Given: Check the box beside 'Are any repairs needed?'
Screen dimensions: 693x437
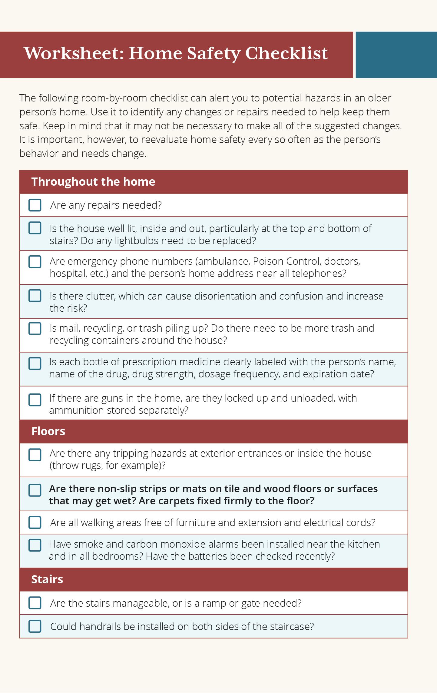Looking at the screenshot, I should pos(35,205).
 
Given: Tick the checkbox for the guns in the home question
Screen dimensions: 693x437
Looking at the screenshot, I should pos(35,400).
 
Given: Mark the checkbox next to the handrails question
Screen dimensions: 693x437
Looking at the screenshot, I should pos(35,626).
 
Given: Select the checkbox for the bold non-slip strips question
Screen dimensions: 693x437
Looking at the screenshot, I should pos(35,490).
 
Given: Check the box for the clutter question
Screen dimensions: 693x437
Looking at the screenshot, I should pos(35,296).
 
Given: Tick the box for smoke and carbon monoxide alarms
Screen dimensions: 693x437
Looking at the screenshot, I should pos(35,545).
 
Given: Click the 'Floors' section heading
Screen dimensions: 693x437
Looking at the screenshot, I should pos(48,431).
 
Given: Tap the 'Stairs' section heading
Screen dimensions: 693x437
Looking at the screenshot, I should pos(47,579).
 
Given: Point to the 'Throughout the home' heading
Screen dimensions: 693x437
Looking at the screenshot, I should pos(93,181).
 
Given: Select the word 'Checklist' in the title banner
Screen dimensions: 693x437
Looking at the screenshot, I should pos(286,53).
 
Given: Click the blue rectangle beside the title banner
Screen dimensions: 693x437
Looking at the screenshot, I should pos(396,55).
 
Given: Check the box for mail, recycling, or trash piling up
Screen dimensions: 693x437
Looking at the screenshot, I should pos(35,328).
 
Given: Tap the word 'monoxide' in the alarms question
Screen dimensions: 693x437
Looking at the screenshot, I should pos(182,544).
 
